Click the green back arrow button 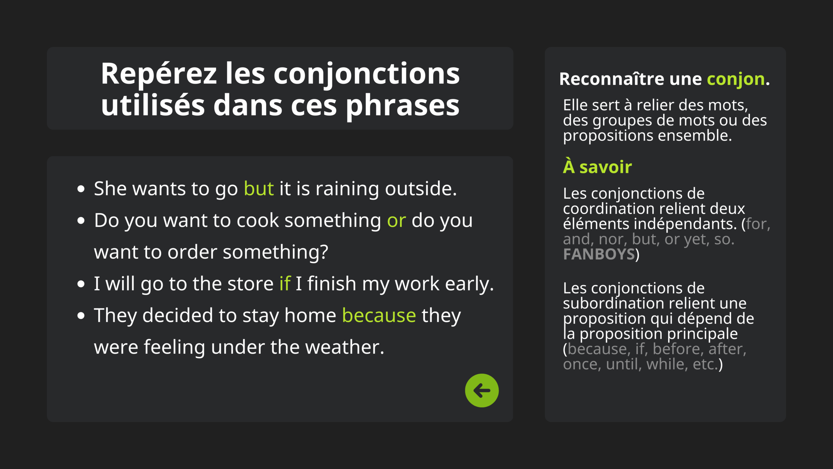pos(482,390)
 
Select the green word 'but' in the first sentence pos(259,189)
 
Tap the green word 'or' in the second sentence pos(396,221)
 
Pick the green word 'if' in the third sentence pos(285,283)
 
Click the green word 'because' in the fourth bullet pos(379,315)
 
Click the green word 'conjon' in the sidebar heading pos(736,79)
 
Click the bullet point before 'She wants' pos(81,189)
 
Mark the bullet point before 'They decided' pos(81,315)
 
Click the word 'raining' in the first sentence pos(347,189)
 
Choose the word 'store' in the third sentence pos(251,284)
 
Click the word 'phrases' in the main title pos(403,106)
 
